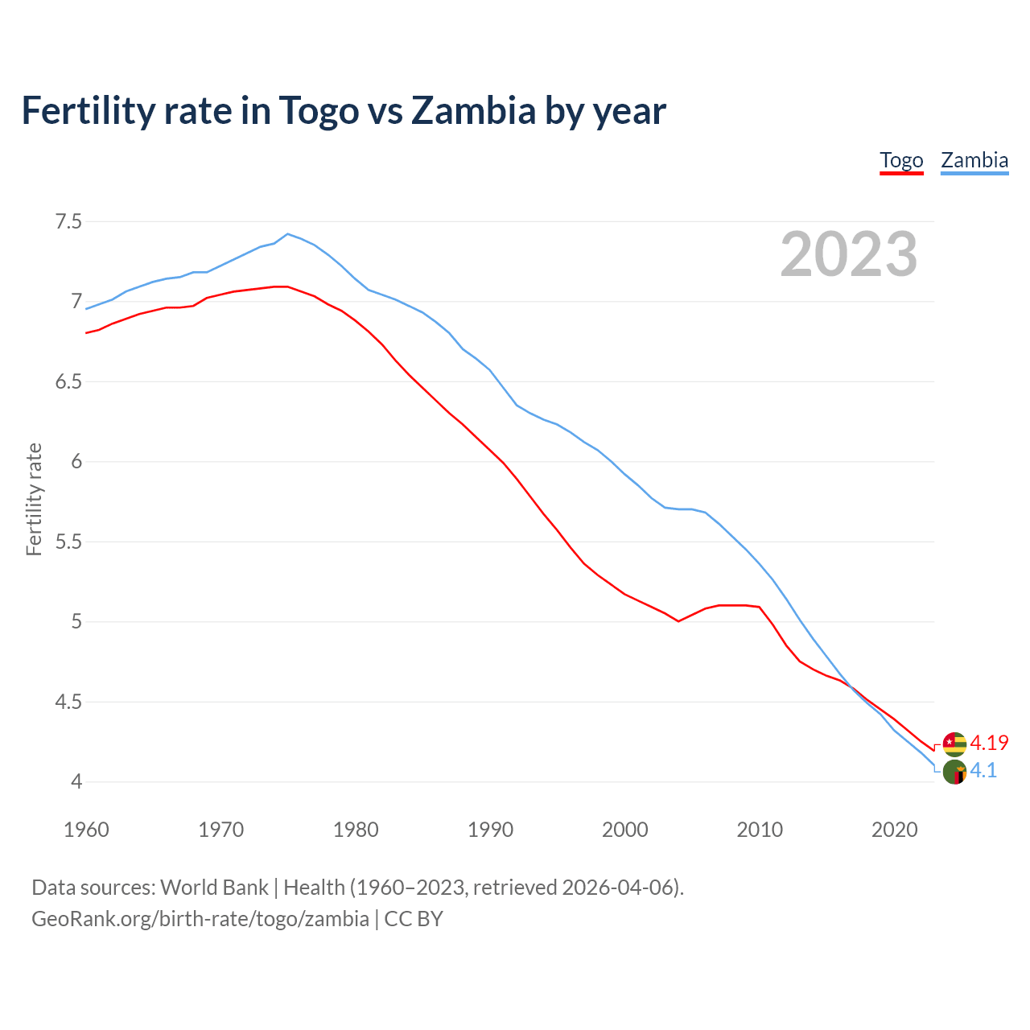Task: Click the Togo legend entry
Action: (901, 160)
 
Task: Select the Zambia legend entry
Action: (974, 160)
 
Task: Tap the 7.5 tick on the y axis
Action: (68, 221)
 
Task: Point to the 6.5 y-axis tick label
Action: (68, 381)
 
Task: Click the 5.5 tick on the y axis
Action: (68, 542)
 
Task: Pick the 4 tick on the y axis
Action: (76, 781)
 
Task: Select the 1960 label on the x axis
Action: (86, 830)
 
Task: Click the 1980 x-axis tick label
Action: (356, 830)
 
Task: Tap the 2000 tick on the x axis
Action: (625, 830)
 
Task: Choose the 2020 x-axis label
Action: (894, 830)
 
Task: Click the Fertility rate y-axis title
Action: (34, 499)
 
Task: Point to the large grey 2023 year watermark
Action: (849, 254)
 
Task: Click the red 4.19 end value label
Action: (989, 743)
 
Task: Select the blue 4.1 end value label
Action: (983, 770)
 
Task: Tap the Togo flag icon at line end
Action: (954, 744)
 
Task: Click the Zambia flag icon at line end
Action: (954, 772)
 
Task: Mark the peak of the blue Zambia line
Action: (288, 234)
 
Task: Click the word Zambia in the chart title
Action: (473, 110)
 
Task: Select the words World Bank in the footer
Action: (214, 888)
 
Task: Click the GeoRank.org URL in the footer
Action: (200, 918)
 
